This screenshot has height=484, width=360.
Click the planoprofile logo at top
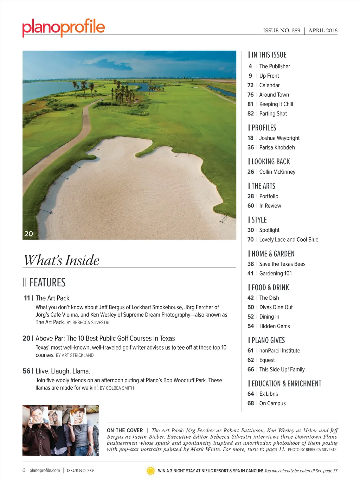(x=64, y=27)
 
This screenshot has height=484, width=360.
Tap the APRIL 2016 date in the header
(x=323, y=31)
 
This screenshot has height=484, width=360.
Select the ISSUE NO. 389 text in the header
(x=282, y=31)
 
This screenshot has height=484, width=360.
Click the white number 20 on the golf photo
(x=28, y=234)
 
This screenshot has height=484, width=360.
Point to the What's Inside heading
(x=62, y=260)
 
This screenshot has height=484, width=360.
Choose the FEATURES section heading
(x=47, y=282)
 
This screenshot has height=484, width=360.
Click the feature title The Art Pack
(x=52, y=298)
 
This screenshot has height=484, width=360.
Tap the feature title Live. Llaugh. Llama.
(x=63, y=371)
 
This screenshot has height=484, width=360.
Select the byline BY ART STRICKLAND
(x=75, y=356)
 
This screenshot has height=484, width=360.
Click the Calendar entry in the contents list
(x=269, y=85)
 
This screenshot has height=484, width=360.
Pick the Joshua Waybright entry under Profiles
(x=279, y=138)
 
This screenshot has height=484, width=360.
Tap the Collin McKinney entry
(x=277, y=172)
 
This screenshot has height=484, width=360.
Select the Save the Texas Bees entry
(x=282, y=264)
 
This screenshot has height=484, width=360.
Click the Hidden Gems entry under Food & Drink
(x=274, y=326)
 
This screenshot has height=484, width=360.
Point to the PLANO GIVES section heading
(x=268, y=340)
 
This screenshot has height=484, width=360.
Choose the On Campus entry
(x=272, y=403)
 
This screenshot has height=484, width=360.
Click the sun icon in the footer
(x=150, y=471)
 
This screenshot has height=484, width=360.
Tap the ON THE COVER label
(x=125, y=431)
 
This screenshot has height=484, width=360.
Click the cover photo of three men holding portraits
(x=60, y=430)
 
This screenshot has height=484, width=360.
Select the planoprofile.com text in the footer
(x=45, y=470)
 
